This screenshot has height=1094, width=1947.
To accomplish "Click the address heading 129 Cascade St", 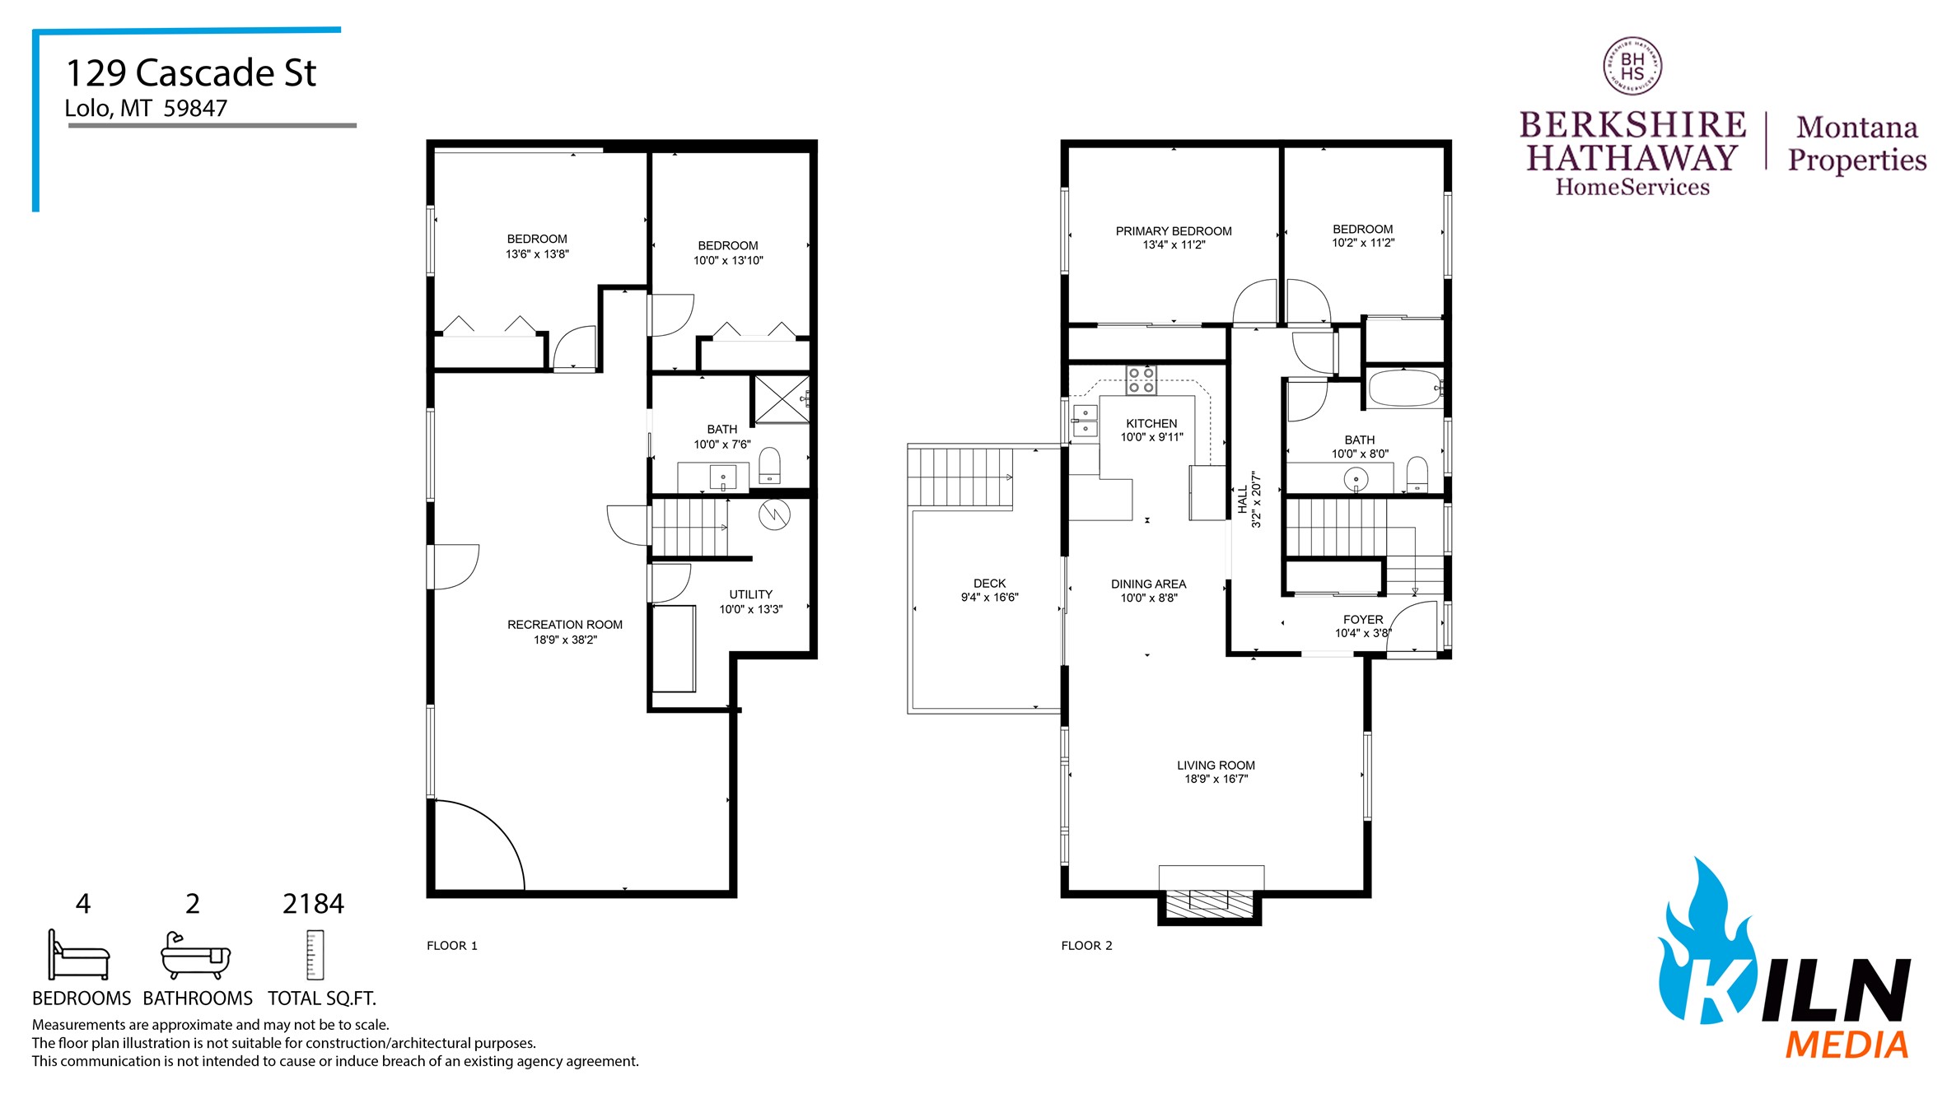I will click(x=190, y=73).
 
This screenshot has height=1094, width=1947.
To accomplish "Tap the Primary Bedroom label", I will click(x=1173, y=231).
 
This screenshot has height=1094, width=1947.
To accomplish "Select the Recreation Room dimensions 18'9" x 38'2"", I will click(x=565, y=640).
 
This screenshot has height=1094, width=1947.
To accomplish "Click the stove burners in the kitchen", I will click(x=1141, y=379).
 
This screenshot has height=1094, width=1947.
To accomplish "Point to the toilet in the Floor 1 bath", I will click(x=769, y=466).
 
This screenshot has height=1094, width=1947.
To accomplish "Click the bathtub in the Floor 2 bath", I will click(x=1403, y=389).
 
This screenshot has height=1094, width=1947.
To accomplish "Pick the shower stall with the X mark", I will click(x=782, y=399).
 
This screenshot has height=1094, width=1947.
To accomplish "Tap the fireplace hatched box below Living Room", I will click(x=1209, y=904).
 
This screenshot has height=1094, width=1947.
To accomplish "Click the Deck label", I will click(x=989, y=583).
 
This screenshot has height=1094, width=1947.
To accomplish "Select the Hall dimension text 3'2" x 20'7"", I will click(x=1256, y=499).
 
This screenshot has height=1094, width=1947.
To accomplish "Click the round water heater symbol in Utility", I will click(x=774, y=515).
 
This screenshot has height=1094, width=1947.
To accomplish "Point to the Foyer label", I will click(x=1363, y=619).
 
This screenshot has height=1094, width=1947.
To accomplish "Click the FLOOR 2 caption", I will click(x=1086, y=945).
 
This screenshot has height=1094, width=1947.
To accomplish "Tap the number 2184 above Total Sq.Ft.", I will click(x=313, y=904).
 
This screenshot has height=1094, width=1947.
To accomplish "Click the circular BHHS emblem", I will click(x=1632, y=67).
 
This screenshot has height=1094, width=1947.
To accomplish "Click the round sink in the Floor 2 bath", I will click(x=1356, y=478).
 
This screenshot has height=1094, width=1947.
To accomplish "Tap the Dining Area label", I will click(x=1148, y=584).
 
